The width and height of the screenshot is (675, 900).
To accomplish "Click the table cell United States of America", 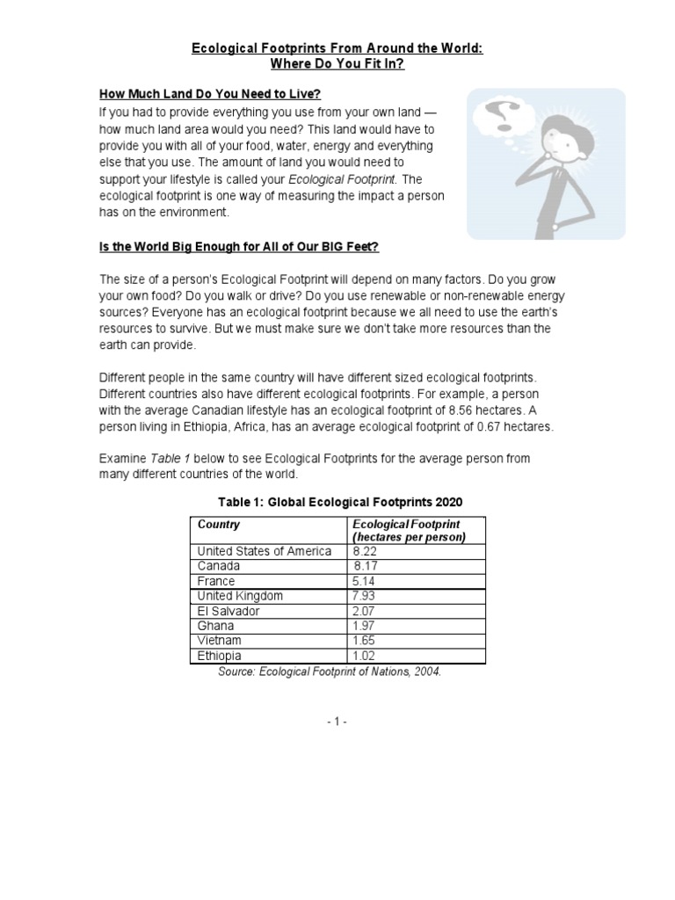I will tap(265, 551).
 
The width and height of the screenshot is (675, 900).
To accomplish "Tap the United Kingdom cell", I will tap(240, 596).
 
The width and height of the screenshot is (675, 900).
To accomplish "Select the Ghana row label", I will tap(216, 626).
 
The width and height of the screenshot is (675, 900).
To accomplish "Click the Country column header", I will tap(219, 525).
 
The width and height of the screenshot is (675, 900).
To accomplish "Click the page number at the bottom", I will tap(337, 721).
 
